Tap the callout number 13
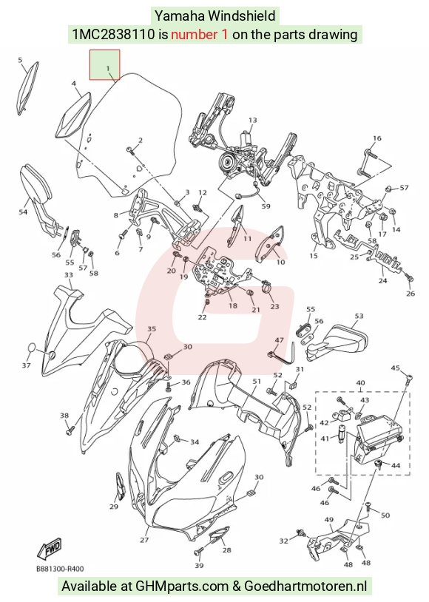[x=252, y=120]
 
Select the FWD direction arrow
[x=49, y=549]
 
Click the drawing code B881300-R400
[x=59, y=569]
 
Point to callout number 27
[x=144, y=540]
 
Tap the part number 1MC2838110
[x=114, y=35]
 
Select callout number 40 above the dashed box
[x=361, y=383]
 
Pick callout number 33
[x=68, y=275]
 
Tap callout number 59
[x=266, y=206]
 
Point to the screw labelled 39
[x=198, y=552]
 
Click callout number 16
[x=377, y=138]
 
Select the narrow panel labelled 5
[x=29, y=87]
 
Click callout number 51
[x=257, y=381]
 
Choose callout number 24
[x=382, y=280]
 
